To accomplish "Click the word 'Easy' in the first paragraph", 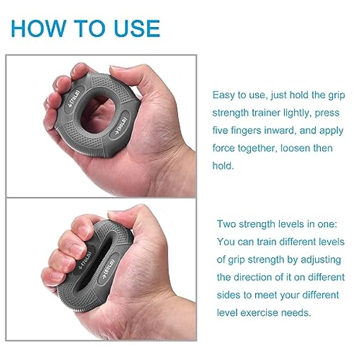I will click(224, 95).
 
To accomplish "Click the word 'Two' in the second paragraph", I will click(227, 224).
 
